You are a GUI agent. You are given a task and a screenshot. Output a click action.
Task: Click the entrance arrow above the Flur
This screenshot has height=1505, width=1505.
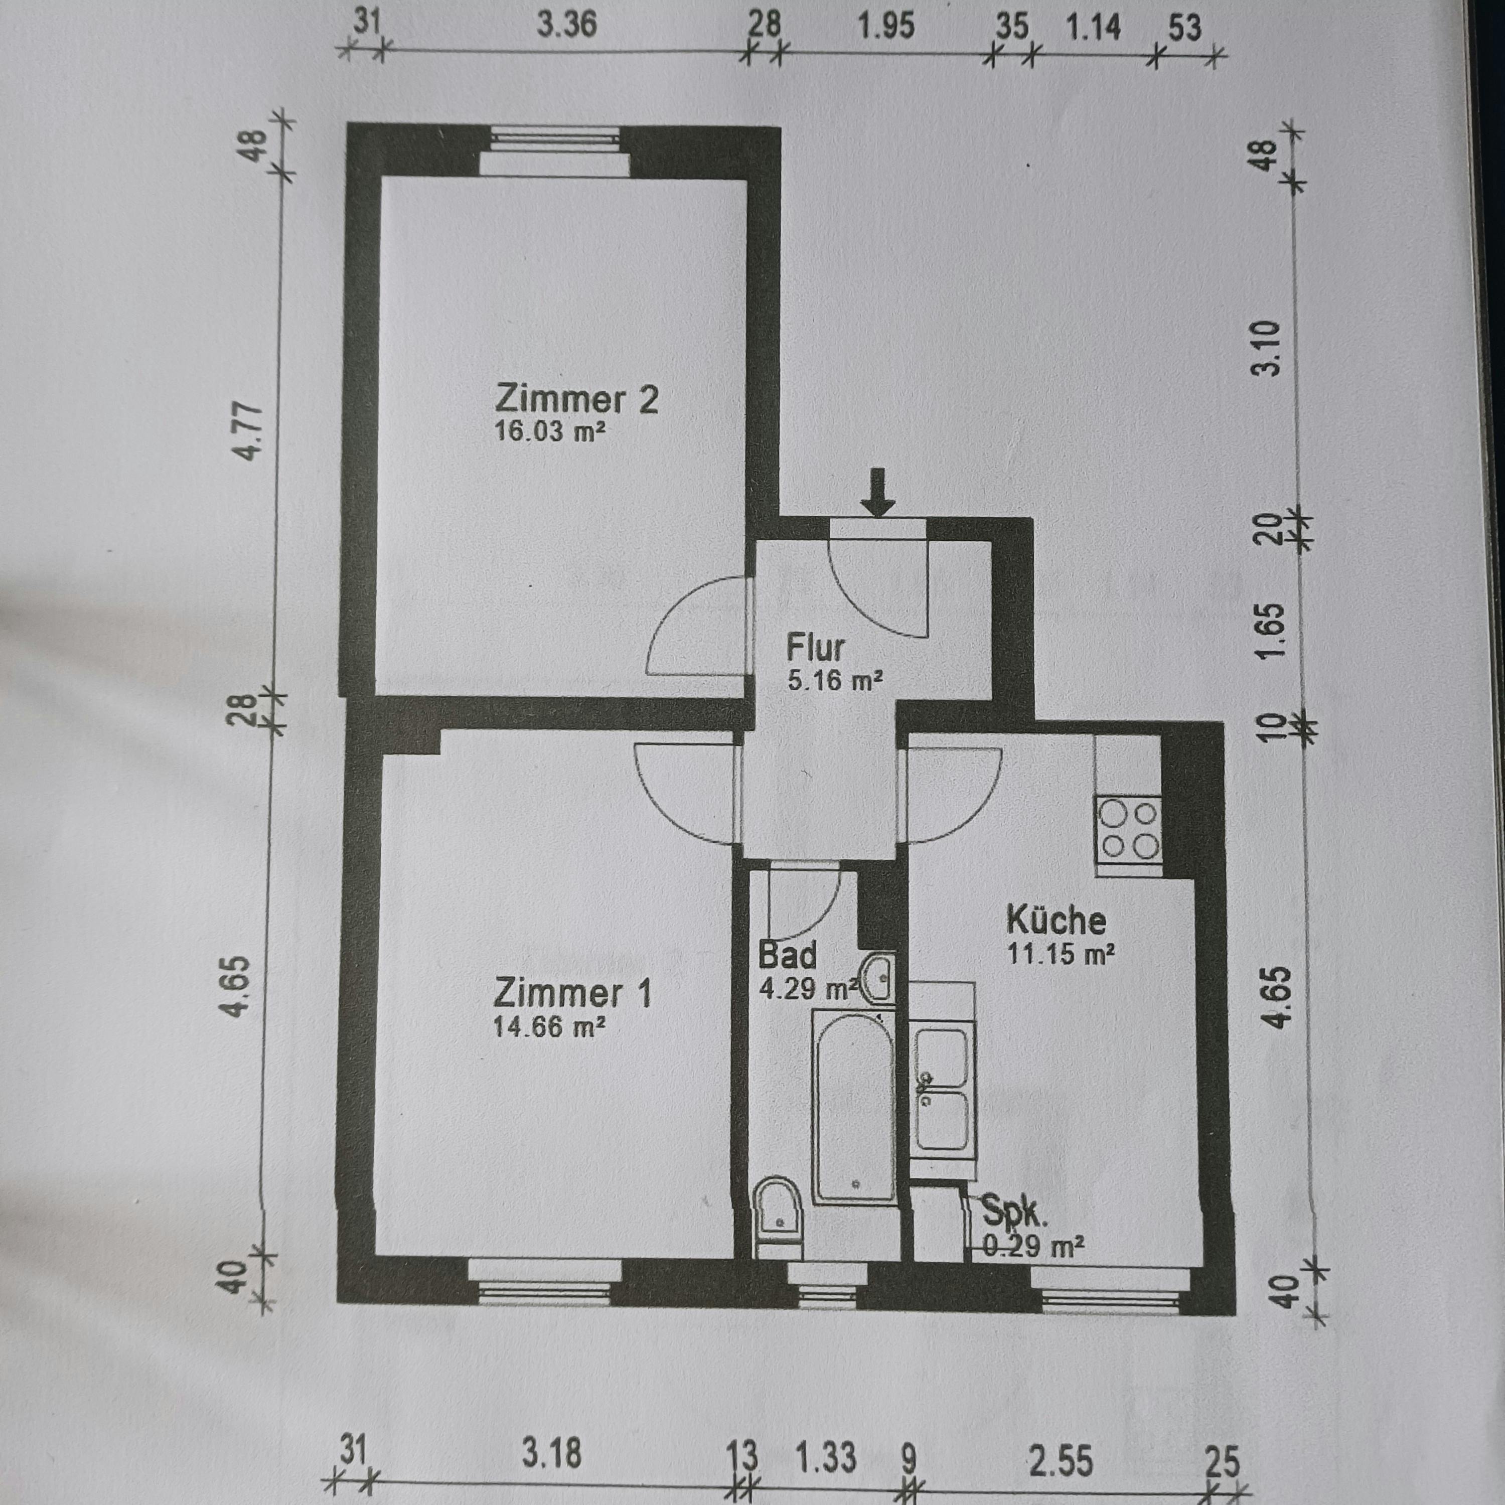(878, 492)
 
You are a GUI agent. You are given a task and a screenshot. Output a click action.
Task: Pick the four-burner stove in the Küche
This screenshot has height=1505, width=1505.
(1128, 830)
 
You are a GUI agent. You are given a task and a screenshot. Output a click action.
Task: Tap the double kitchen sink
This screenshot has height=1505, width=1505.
(943, 1091)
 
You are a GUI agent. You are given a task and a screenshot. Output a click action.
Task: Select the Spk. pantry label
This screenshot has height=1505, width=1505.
(1013, 1212)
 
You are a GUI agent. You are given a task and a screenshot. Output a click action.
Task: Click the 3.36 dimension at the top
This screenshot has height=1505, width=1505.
(566, 25)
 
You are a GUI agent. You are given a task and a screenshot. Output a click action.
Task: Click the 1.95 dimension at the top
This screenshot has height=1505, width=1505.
(886, 27)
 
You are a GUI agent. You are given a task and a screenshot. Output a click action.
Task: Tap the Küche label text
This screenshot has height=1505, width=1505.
(1056, 920)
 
